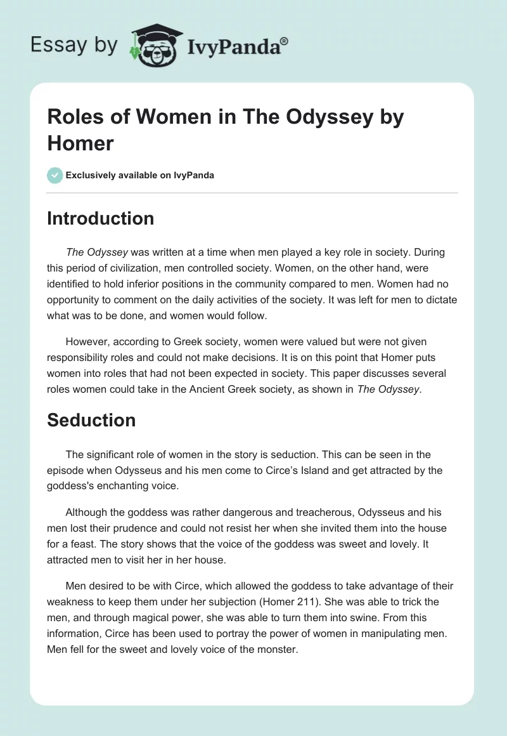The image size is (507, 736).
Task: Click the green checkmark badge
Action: pyautogui.click(x=55, y=175)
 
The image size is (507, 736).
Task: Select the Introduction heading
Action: pyautogui.click(x=101, y=218)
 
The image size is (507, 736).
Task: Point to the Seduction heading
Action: pyautogui.click(x=91, y=420)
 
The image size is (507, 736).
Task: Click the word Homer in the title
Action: pyautogui.click(x=80, y=143)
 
